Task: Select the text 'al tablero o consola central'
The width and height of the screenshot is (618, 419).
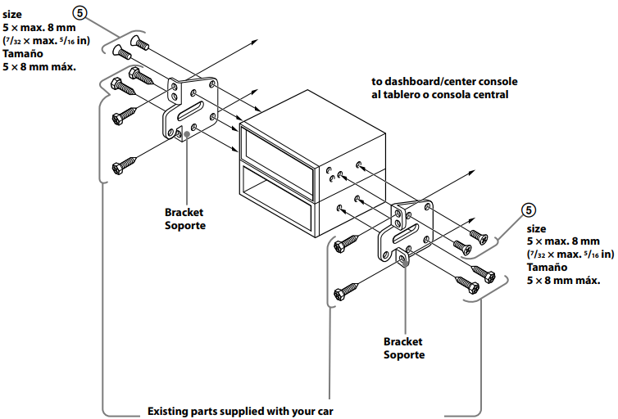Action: click(440, 94)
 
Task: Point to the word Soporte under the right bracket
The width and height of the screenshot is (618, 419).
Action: click(404, 355)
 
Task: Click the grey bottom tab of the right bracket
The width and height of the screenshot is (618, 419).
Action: click(405, 260)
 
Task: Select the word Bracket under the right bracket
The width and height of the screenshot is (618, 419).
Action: click(402, 342)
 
